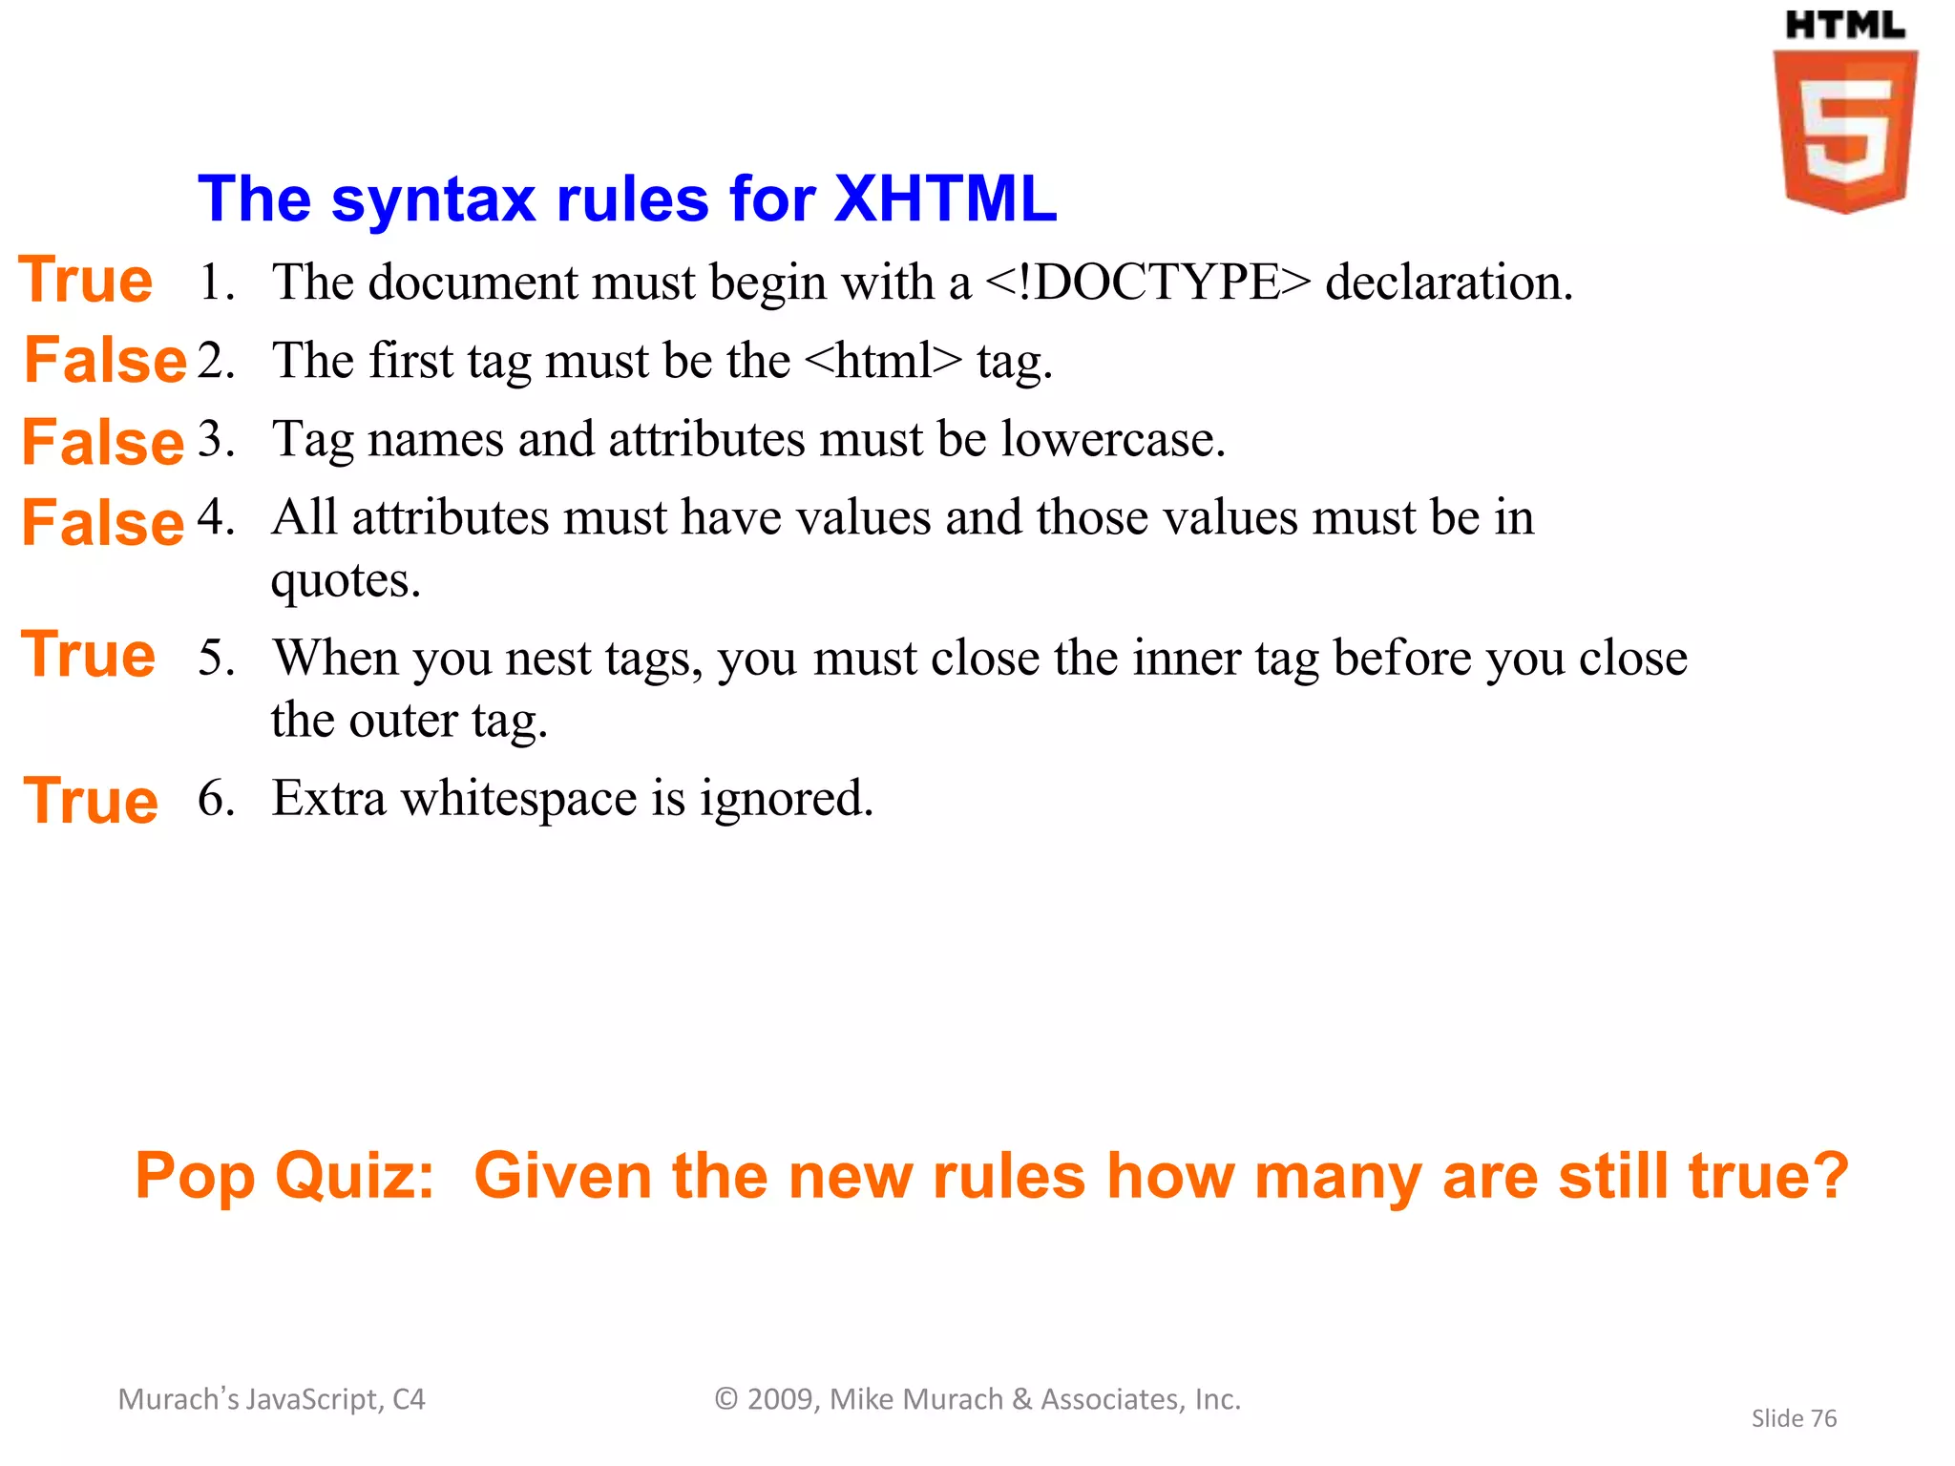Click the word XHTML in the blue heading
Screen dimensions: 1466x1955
(945, 199)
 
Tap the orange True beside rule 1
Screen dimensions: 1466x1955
(86, 281)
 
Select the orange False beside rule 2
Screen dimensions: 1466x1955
(105, 361)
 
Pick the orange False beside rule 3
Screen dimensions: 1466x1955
(103, 443)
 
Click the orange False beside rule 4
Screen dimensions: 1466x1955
(103, 524)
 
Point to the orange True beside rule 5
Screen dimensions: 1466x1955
(88, 656)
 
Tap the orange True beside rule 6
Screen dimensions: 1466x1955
(91, 801)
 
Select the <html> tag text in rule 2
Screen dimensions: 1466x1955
(884, 361)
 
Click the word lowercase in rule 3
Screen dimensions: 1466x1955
(1113, 440)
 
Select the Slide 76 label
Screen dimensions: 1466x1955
(1794, 1418)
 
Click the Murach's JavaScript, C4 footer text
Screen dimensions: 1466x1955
(271, 1399)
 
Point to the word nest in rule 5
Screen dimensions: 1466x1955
(548, 659)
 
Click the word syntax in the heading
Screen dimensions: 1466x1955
(433, 199)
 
